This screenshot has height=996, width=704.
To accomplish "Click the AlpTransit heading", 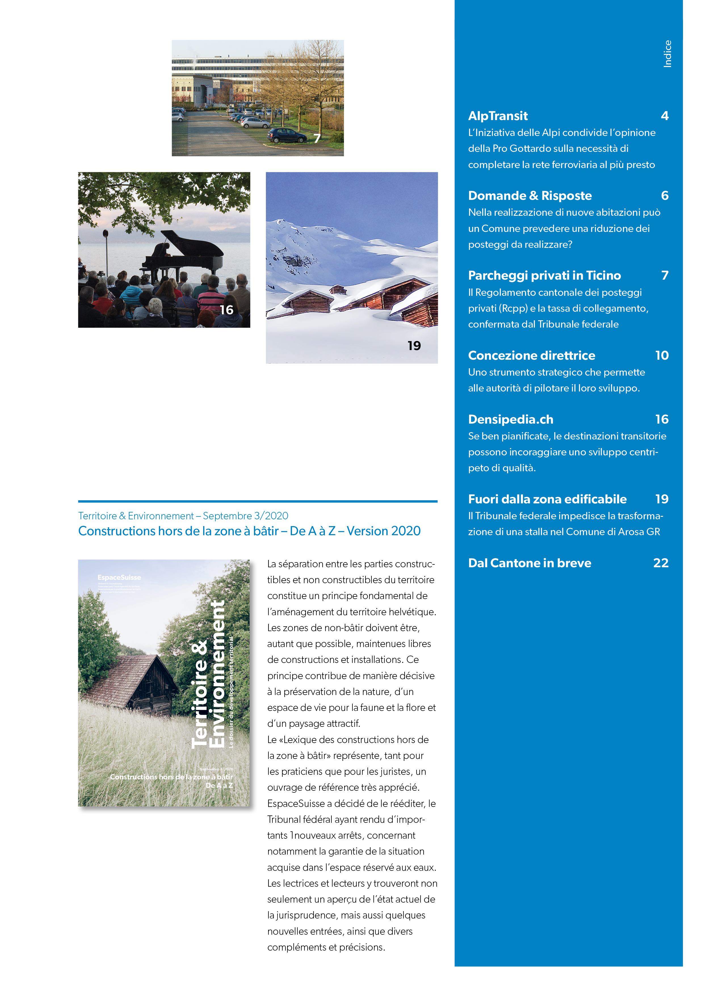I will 498,116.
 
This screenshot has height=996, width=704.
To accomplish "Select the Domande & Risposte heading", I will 530,196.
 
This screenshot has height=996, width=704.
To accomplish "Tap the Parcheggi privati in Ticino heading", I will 544,275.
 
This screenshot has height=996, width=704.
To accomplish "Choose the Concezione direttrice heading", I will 531,355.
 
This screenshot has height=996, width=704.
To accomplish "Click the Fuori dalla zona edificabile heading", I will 547,499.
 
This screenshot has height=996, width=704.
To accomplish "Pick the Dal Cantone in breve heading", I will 529,563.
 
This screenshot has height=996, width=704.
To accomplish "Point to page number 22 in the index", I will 661,563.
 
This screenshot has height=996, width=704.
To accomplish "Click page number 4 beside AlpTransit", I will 665,116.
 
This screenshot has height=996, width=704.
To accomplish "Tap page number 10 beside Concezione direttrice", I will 661,355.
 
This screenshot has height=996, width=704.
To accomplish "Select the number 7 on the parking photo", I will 317,138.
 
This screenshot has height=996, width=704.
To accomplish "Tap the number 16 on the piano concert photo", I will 226,310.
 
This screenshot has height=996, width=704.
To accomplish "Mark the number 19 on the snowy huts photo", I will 414,346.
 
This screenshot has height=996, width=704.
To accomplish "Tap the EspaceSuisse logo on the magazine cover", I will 119,577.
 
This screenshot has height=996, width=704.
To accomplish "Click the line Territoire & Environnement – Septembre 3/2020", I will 183,516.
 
